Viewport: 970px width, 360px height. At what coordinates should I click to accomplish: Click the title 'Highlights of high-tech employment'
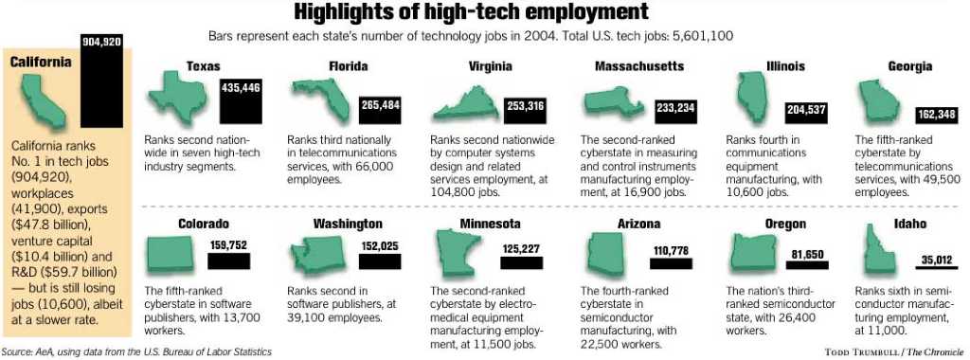(471, 12)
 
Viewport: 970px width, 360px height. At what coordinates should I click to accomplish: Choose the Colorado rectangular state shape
(171, 254)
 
